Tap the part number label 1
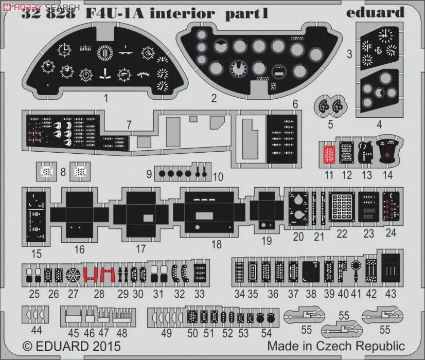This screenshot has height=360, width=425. click(x=105, y=97)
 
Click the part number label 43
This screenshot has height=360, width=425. click(x=391, y=294)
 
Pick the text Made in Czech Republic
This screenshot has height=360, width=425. click(x=335, y=346)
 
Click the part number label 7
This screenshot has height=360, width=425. click(x=129, y=125)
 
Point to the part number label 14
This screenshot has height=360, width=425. click(x=388, y=175)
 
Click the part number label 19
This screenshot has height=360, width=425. click(x=267, y=240)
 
